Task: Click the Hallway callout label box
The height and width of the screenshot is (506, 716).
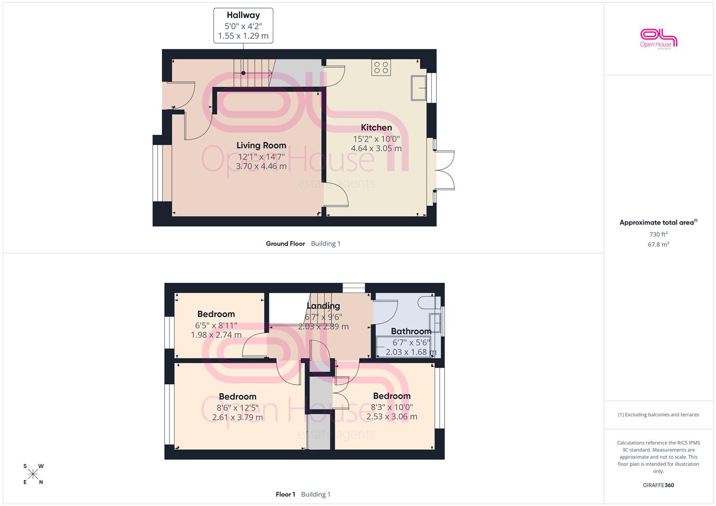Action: [x=243, y=26]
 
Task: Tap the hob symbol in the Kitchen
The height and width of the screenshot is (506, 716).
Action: [x=381, y=67]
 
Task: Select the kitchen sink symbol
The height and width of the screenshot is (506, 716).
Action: [x=419, y=88]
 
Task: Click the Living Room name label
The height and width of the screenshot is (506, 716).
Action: [x=261, y=145]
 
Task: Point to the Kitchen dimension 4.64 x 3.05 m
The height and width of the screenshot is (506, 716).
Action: [x=376, y=148]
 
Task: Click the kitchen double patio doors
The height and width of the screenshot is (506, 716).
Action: [x=445, y=170]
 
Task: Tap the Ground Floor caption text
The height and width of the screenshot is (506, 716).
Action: [x=286, y=244]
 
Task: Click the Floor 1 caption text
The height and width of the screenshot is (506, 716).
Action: [x=286, y=494]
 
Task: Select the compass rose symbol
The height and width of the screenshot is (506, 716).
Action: [x=33, y=474]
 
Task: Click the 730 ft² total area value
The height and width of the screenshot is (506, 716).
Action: [x=658, y=234]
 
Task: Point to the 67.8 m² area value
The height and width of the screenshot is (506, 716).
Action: [x=658, y=245]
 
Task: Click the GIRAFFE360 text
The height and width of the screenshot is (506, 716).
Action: [x=658, y=485]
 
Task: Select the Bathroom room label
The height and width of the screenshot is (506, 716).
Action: [x=411, y=331]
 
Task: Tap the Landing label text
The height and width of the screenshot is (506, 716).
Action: [x=323, y=305]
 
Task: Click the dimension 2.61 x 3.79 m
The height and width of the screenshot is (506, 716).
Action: [x=238, y=417]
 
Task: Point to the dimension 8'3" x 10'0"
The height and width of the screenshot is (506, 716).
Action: [x=392, y=407]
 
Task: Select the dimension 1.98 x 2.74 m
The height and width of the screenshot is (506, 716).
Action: [x=216, y=335]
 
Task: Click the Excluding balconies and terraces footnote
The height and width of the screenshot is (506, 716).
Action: [x=658, y=415]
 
